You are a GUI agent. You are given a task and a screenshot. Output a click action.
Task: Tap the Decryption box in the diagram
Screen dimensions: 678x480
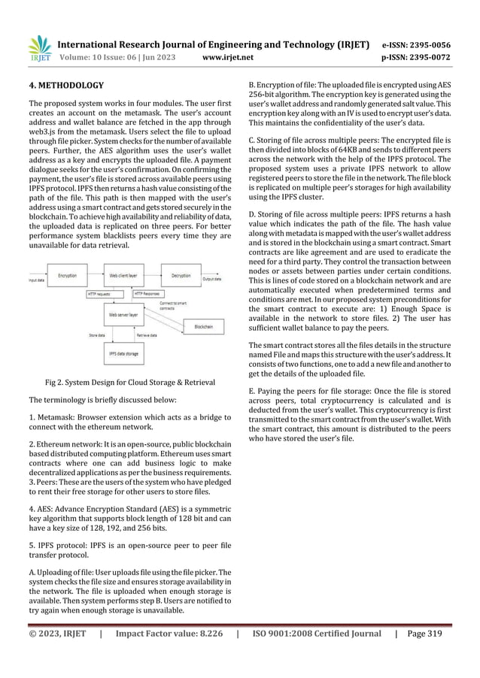tap(181, 276)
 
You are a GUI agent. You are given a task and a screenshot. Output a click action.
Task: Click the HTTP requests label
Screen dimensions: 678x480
tap(101, 294)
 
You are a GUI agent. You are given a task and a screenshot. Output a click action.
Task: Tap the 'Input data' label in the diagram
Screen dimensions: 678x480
tap(35, 280)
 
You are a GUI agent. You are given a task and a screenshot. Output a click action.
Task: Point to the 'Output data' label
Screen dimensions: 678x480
tap(214, 280)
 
